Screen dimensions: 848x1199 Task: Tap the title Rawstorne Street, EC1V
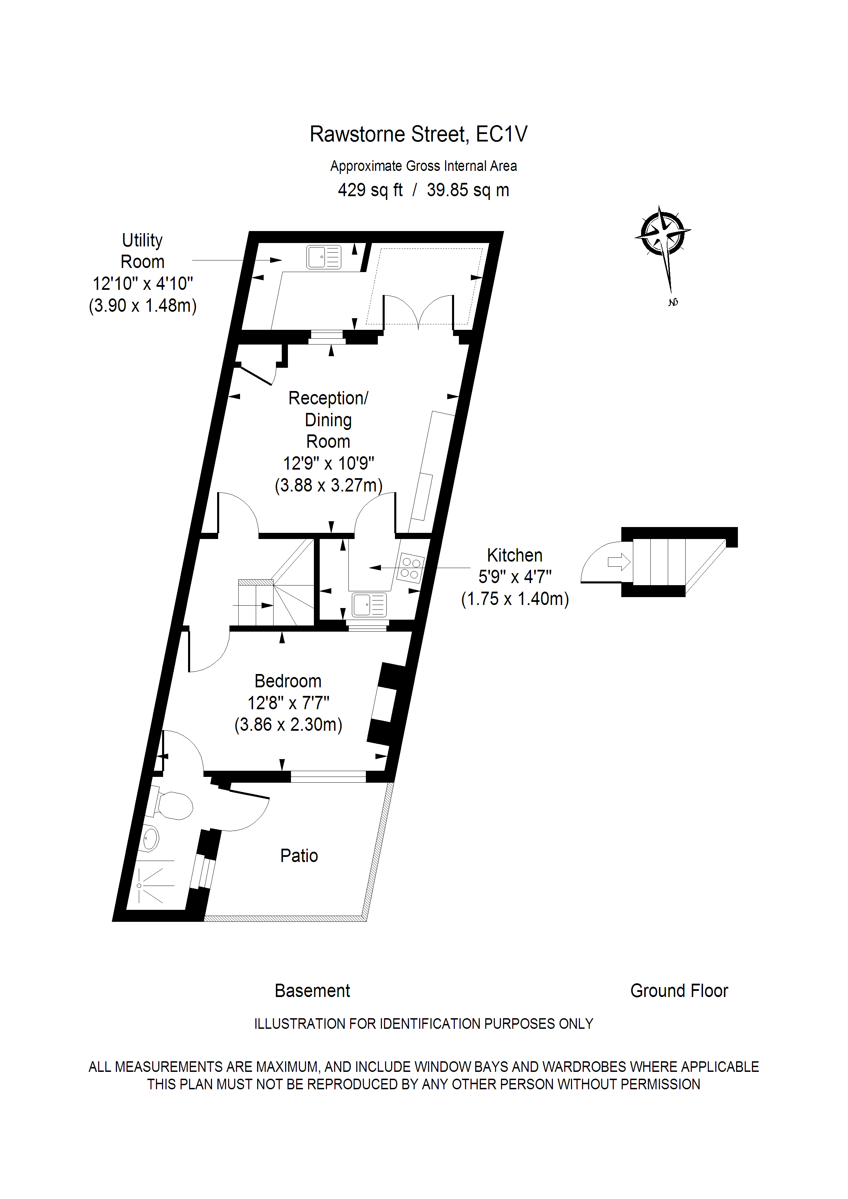point(419,134)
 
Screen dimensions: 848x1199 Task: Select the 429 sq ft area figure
point(370,190)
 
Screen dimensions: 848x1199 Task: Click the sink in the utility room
point(323,257)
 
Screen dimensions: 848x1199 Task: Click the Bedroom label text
point(288,681)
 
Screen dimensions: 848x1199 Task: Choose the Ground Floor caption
point(679,991)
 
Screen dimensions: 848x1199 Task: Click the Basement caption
point(313,991)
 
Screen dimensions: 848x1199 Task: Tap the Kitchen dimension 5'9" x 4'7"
point(515,577)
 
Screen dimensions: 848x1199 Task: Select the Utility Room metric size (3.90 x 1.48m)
point(143,306)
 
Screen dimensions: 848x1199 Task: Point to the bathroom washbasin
point(150,839)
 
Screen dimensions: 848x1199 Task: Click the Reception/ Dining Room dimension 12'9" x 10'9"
point(329,463)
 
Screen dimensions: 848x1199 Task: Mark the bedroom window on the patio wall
point(328,777)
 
